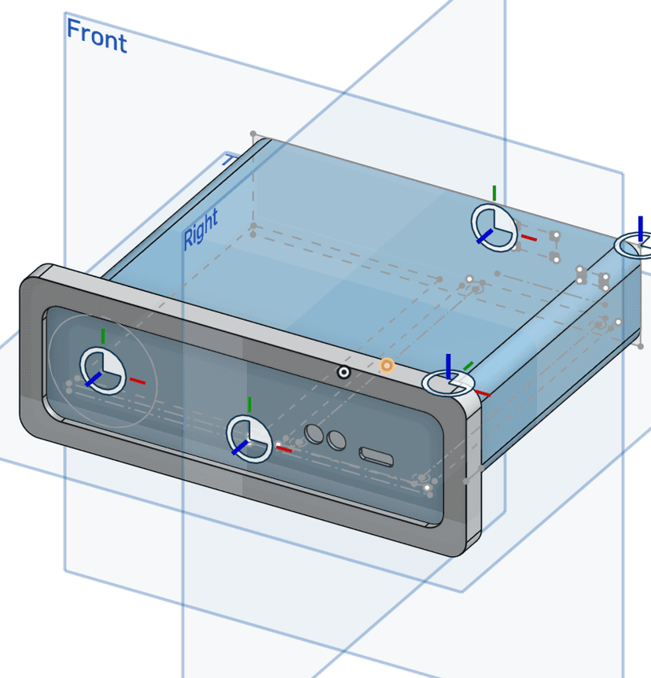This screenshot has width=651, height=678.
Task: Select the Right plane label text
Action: (200, 229)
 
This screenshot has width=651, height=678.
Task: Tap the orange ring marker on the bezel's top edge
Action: (386, 365)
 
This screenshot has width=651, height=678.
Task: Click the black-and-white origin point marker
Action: (344, 372)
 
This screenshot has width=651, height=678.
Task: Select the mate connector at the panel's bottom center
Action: (249, 439)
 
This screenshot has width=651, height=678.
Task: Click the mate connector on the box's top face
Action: (495, 227)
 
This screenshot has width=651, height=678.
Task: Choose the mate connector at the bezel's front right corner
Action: (448, 383)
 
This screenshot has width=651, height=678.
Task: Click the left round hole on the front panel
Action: (314, 433)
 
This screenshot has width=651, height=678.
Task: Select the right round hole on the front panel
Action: (337, 440)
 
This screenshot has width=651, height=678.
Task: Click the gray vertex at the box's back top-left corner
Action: (253, 134)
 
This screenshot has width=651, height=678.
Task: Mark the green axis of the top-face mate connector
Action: (495, 193)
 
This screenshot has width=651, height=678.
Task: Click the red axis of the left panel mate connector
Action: (138, 381)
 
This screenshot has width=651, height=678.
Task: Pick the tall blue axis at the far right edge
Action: (640, 228)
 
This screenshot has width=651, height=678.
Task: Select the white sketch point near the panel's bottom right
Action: (427, 488)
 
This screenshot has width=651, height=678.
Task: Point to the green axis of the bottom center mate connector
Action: (249, 405)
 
